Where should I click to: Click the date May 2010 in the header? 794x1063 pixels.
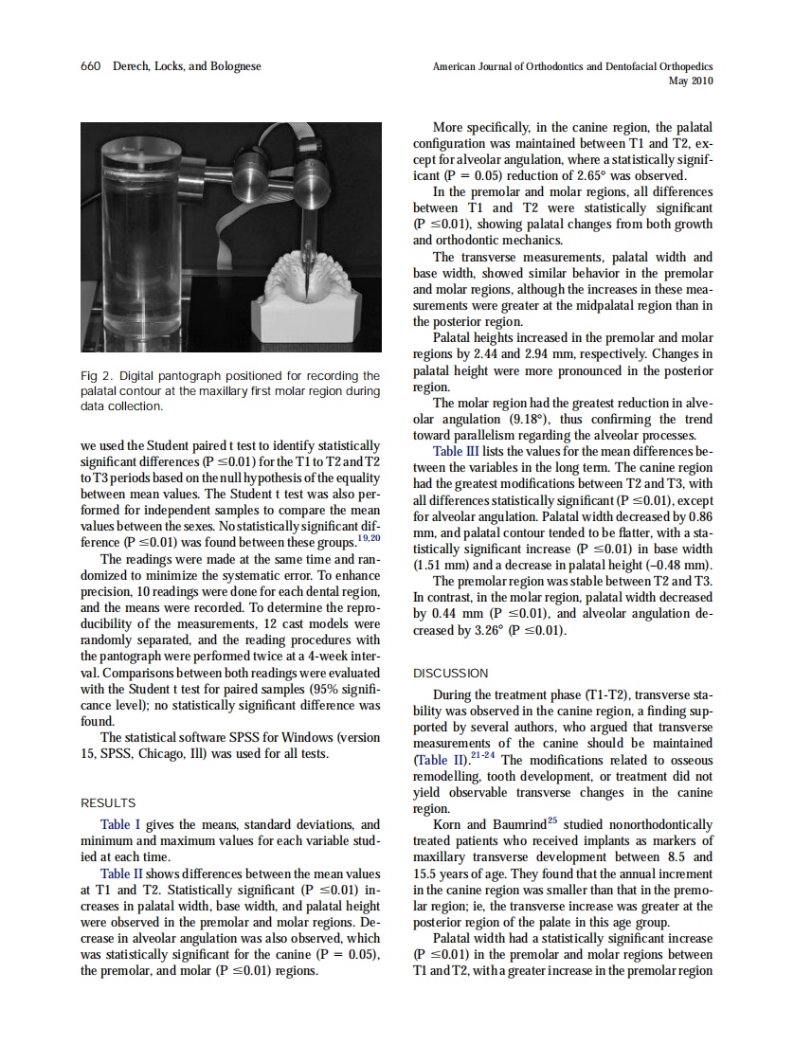click(691, 81)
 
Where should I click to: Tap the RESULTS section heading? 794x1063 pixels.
click(108, 802)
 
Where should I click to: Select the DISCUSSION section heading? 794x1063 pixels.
click(451, 673)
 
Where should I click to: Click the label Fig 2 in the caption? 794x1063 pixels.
click(98, 376)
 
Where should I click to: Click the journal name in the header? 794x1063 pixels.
click(572, 66)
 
